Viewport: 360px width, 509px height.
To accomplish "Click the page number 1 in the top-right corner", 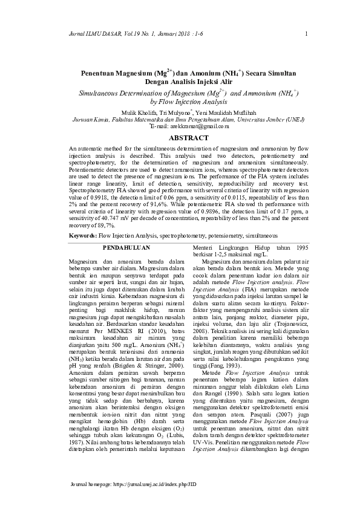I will tap(308, 33).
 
